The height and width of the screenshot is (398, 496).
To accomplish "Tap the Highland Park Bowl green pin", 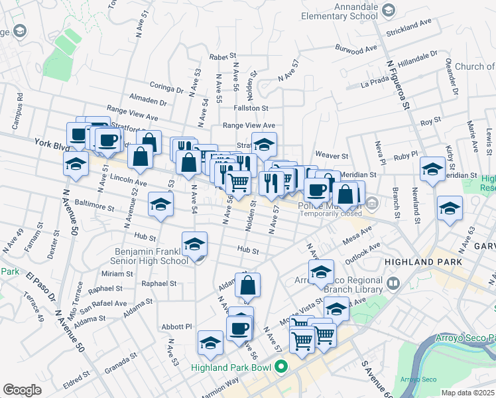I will coord(280,365).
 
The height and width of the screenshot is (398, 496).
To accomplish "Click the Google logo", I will coord(22,389).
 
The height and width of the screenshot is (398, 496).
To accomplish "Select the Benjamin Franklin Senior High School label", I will coord(152,257).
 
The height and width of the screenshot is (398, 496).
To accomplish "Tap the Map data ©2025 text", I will coord(467,393).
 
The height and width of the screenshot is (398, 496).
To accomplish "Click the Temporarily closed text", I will coord(329,214).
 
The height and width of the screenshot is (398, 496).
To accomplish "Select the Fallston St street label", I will coord(250,107).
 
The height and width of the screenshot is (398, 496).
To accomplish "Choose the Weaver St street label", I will coord(332,155).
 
